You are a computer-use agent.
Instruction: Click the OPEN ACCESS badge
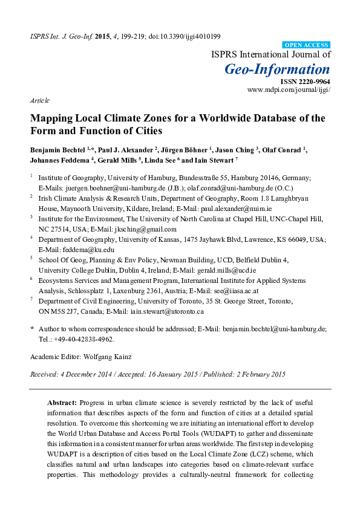tap(306, 45)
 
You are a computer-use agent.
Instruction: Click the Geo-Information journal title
tap(278, 69)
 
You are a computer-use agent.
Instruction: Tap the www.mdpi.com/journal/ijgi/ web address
tap(289, 89)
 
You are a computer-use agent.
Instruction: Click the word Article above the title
tap(39, 100)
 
